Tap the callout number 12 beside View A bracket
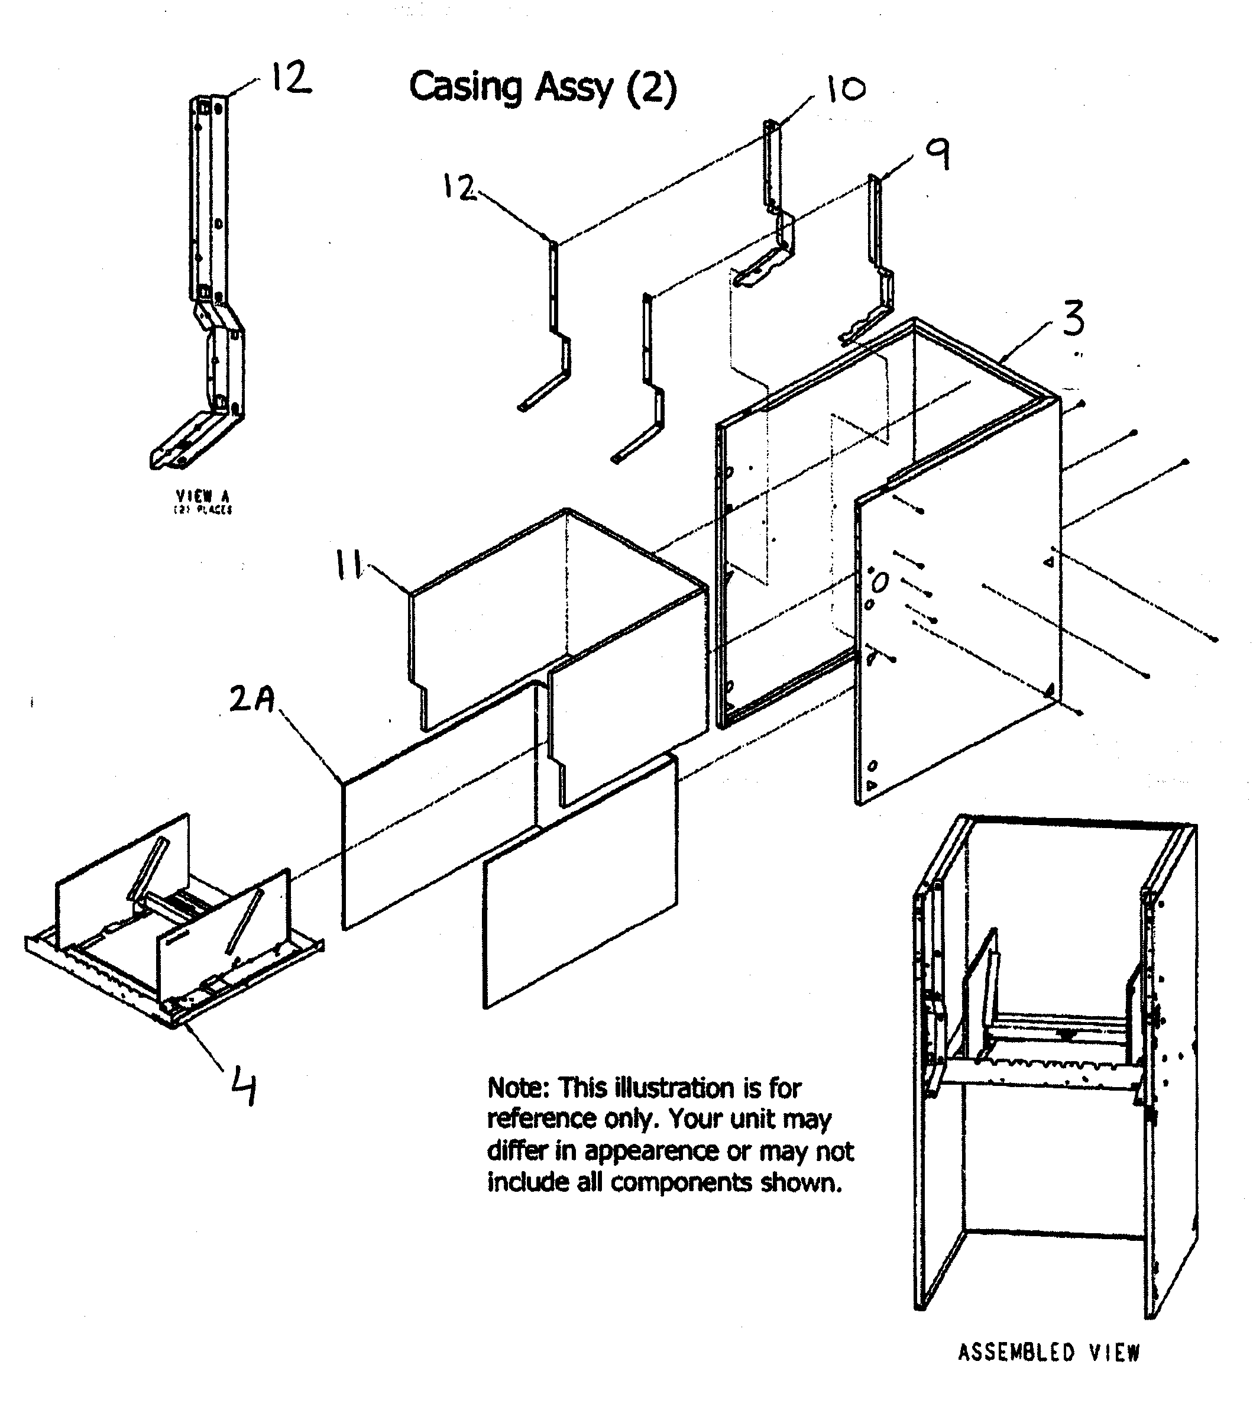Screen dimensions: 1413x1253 pyautogui.click(x=290, y=77)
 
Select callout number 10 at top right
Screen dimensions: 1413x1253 pyautogui.click(x=845, y=89)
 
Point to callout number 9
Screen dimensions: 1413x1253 pyautogui.click(x=938, y=154)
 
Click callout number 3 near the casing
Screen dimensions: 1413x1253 pyautogui.click(x=1073, y=319)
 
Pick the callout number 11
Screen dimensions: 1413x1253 pyautogui.click(x=349, y=565)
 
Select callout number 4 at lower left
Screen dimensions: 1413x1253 pyautogui.click(x=243, y=1085)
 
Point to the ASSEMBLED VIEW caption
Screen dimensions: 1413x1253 pyautogui.click(x=1048, y=1352)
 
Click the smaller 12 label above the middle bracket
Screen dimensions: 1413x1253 pyautogui.click(x=459, y=187)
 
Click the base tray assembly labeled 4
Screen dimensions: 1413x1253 pyautogui.click(x=173, y=926)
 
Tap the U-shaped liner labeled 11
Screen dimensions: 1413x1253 pyautogui.click(x=553, y=622)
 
